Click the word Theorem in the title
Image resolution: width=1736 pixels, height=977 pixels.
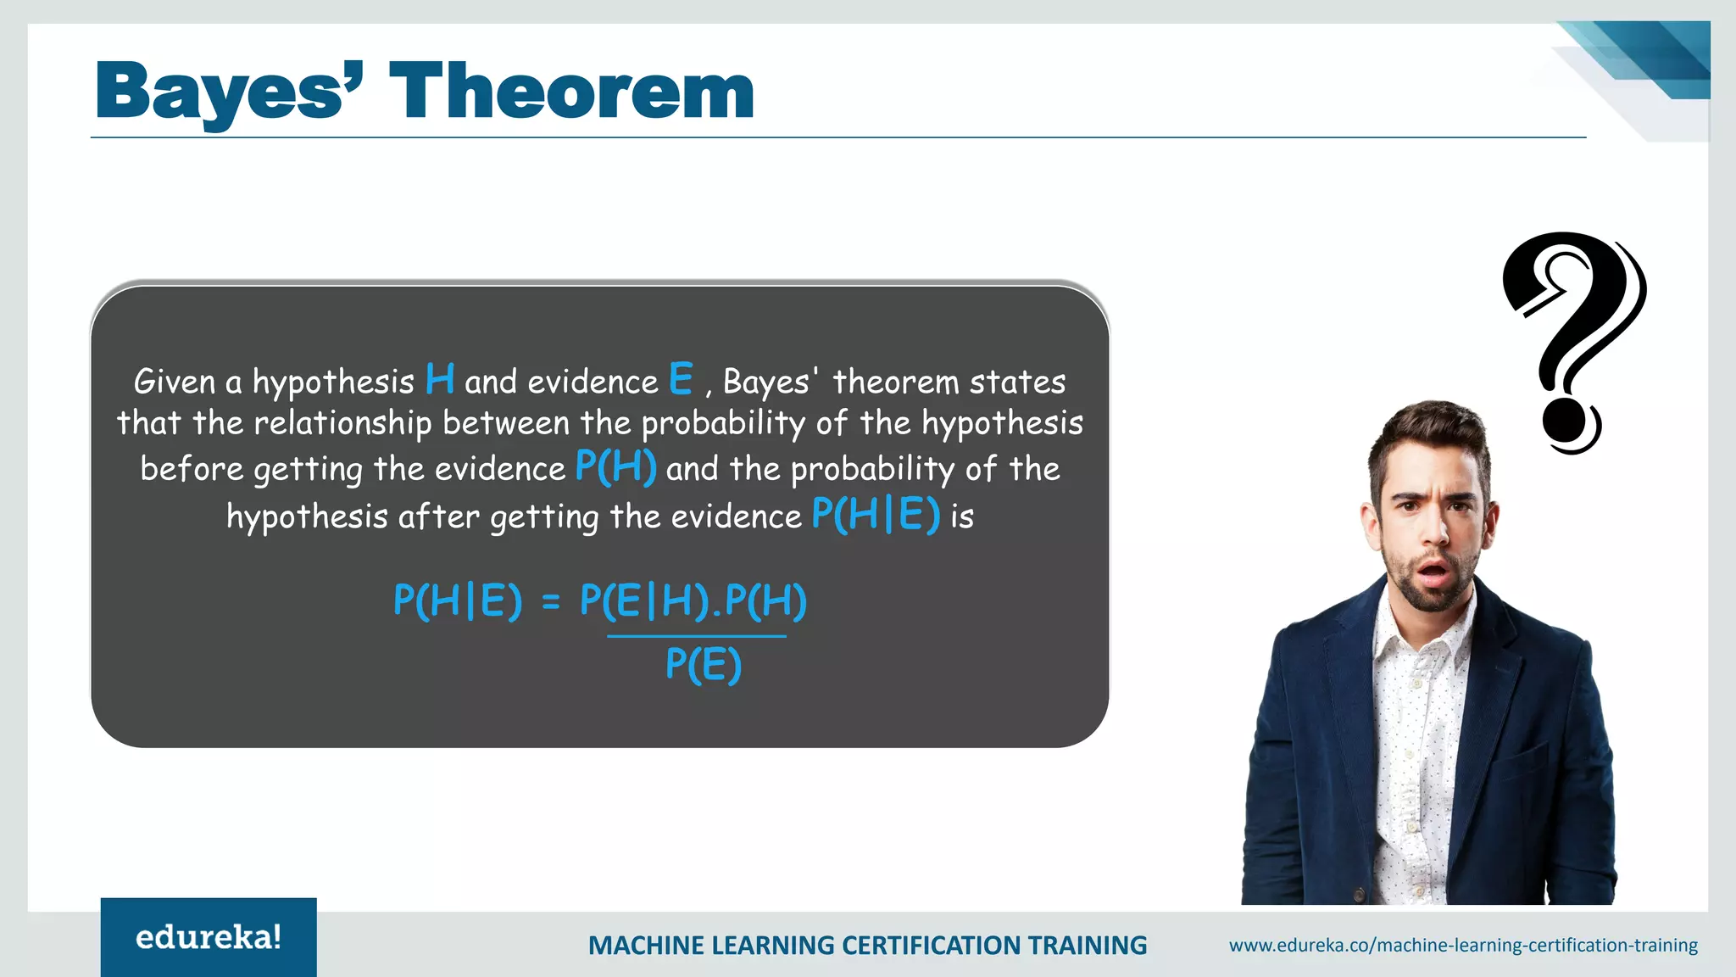(x=571, y=92)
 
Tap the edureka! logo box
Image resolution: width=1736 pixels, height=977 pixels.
(x=209, y=937)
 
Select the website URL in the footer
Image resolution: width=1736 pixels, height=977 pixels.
(x=1463, y=945)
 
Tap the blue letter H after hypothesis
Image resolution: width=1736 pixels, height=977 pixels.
(x=440, y=379)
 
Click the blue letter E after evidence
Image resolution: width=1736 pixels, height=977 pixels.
(x=680, y=379)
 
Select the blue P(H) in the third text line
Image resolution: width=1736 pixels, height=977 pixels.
(x=615, y=467)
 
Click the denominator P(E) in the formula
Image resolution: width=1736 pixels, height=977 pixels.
(x=704, y=664)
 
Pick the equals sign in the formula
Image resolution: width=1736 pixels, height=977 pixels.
(x=551, y=602)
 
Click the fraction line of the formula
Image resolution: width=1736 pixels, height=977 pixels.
(x=697, y=635)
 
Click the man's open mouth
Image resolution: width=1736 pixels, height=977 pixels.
(x=1433, y=573)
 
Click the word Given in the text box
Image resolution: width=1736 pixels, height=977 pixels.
(x=175, y=382)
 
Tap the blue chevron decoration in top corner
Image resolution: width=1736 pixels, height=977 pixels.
(x=1653, y=59)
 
